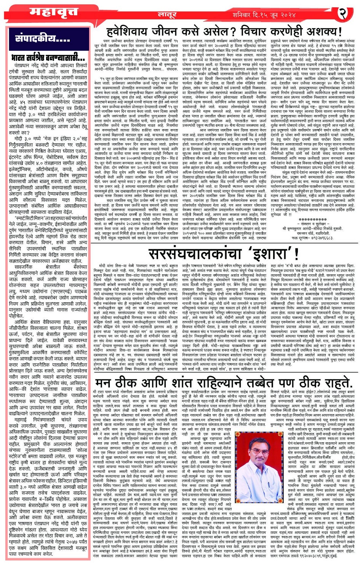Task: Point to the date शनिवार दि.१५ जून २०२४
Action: [x=264, y=14]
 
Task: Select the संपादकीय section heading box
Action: [x=42, y=38]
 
